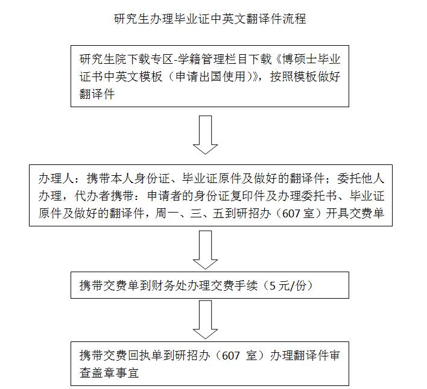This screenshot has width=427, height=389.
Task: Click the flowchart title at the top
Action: [x=210, y=19]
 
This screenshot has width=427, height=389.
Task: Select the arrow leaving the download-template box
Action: [x=205, y=135]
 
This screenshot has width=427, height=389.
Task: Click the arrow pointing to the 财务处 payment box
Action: [x=205, y=250]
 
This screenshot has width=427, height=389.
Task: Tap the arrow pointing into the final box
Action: [x=205, y=320]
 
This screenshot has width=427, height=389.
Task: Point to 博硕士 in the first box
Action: [x=300, y=59]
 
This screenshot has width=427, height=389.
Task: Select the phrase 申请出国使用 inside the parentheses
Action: [x=210, y=76]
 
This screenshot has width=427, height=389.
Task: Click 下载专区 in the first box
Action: [x=150, y=59]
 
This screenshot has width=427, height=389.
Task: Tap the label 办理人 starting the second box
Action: [x=56, y=179]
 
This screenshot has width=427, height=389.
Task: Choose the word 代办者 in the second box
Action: [x=92, y=196]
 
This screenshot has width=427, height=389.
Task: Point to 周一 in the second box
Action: [x=166, y=213]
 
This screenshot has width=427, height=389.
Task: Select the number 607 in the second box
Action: [x=291, y=214]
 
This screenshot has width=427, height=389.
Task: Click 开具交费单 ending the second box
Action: [x=355, y=213]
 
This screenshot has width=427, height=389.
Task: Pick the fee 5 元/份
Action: [x=288, y=285]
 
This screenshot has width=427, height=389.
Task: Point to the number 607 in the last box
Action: [x=230, y=355]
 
